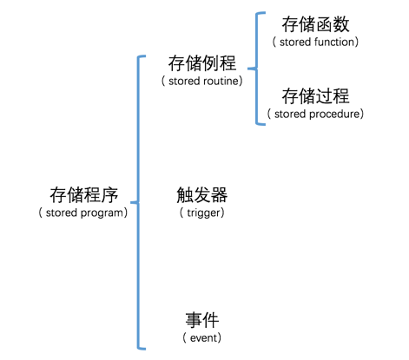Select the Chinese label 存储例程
[201, 63]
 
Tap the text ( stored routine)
[201, 81]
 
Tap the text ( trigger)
[201, 212]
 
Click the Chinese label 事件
[201, 318]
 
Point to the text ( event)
[201, 337]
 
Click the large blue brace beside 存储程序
[136, 201]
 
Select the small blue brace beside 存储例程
[258, 68]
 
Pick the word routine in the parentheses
[219, 81]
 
